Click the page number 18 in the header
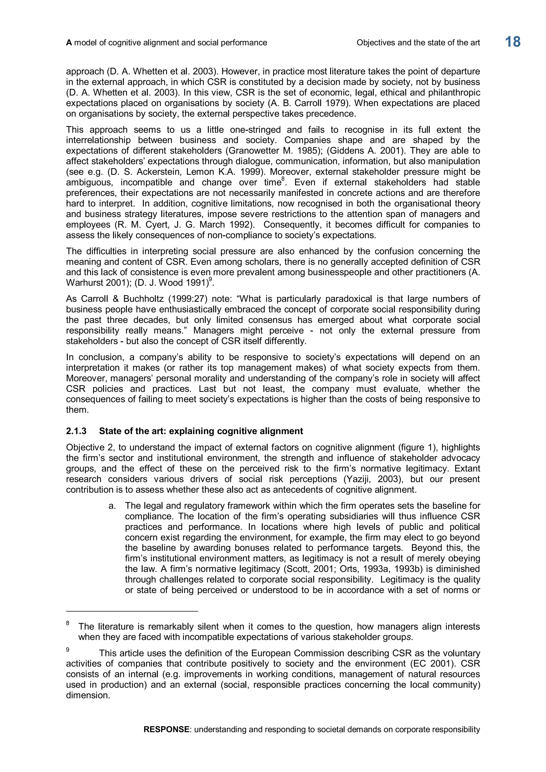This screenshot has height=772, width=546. point(512,42)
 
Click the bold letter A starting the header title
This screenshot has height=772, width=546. point(69,43)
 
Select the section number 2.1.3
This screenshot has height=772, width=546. point(76,431)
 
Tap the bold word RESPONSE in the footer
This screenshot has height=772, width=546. point(166,739)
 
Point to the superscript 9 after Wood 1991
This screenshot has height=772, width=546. point(210,279)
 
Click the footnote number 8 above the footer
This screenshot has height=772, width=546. point(67,623)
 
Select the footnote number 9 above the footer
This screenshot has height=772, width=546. point(67,650)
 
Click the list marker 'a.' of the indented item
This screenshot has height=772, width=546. point(112,506)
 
